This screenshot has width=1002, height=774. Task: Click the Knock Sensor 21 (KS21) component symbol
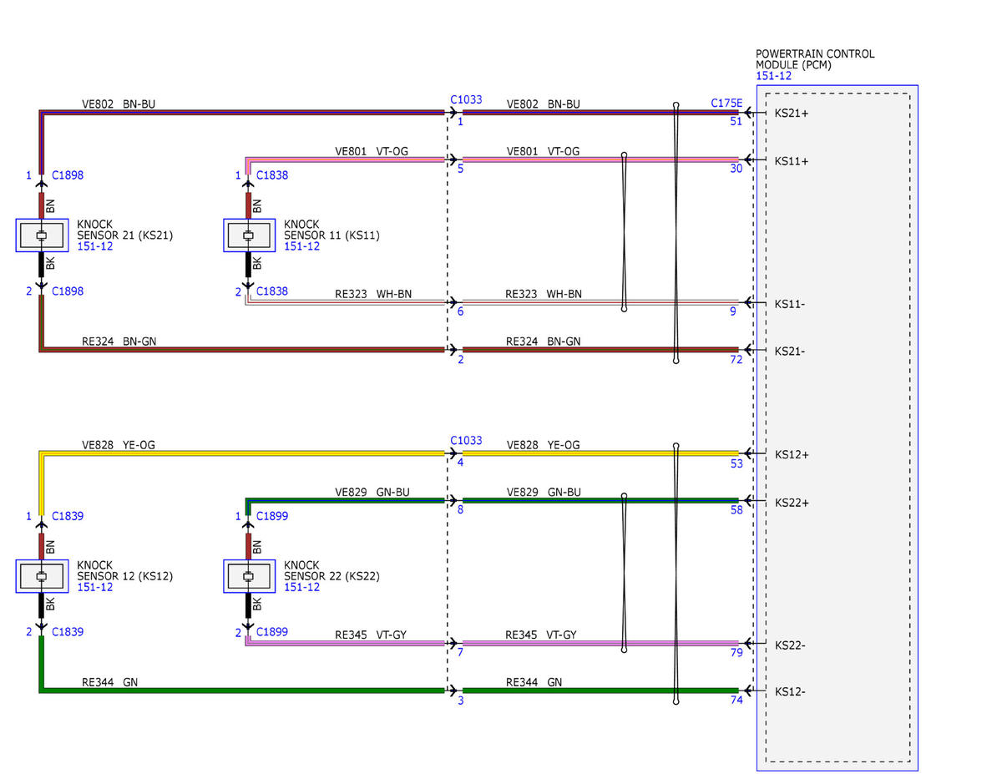(x=42, y=235)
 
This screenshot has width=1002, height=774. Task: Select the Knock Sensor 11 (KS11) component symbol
(x=249, y=235)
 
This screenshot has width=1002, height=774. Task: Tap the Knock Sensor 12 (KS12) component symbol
(x=42, y=576)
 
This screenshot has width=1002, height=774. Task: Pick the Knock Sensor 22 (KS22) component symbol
(x=249, y=576)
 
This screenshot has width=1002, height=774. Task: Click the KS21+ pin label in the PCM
(x=791, y=114)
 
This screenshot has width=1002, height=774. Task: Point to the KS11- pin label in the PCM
(x=789, y=304)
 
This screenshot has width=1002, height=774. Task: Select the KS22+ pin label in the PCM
(x=792, y=503)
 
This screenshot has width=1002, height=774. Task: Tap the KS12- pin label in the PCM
(x=789, y=691)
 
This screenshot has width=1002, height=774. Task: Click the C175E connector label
(x=726, y=103)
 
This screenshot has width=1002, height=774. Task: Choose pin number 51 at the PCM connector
(x=736, y=121)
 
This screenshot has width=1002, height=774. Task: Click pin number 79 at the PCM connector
(x=736, y=652)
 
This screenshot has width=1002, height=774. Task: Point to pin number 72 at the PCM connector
(x=736, y=359)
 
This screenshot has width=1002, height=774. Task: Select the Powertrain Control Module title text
(x=815, y=59)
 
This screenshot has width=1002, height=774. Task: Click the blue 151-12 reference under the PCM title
(x=773, y=76)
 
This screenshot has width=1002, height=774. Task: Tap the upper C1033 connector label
(x=466, y=99)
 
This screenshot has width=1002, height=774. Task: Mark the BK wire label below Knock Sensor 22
(x=257, y=604)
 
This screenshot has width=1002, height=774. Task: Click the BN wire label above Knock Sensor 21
(x=50, y=205)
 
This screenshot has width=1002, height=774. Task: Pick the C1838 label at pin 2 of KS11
(x=271, y=291)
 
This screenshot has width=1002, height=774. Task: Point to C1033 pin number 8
(x=460, y=509)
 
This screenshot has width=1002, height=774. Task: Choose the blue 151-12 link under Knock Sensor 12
(x=94, y=587)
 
